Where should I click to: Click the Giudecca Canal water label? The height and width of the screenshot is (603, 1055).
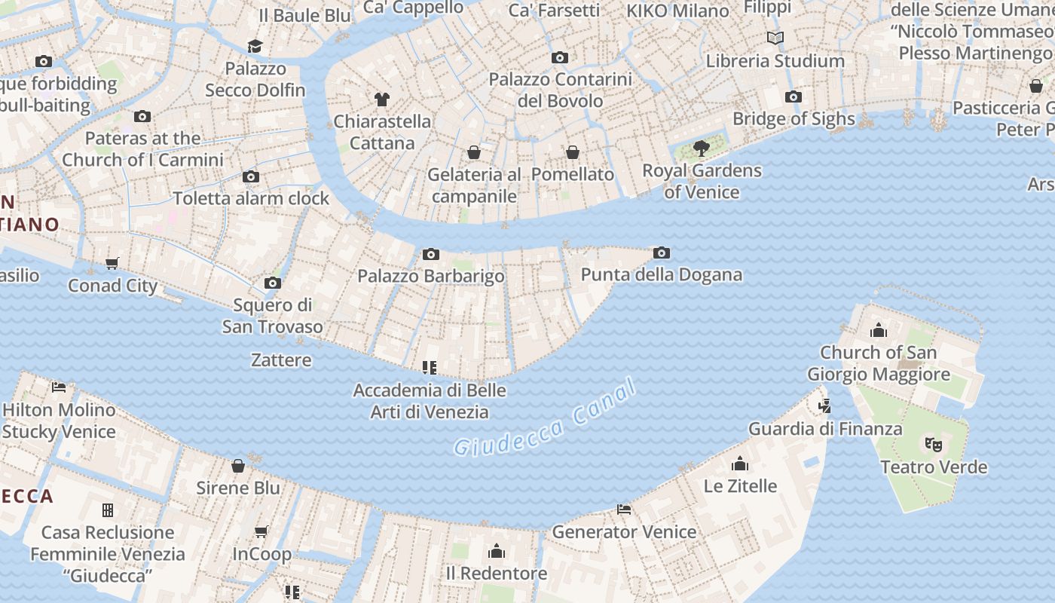[x=545, y=419]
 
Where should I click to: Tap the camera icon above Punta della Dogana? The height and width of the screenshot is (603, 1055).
[x=662, y=253]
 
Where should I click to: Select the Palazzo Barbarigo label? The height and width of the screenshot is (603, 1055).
[x=430, y=276]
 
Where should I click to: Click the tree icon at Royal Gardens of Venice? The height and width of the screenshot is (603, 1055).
[x=702, y=148]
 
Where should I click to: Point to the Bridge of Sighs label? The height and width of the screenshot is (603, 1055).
[x=794, y=118]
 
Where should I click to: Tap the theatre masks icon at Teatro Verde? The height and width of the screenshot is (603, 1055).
[x=934, y=445]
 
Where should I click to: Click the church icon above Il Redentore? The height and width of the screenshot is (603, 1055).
[x=497, y=551]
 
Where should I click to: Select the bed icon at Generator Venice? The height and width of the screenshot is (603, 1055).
[x=624, y=510]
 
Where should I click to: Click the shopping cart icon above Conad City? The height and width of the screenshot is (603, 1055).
[x=112, y=263]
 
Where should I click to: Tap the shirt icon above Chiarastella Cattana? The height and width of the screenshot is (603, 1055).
[x=381, y=99]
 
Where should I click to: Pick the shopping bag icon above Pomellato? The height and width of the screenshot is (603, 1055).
[x=573, y=152]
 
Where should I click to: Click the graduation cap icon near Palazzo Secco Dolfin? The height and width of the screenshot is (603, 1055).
[x=255, y=46]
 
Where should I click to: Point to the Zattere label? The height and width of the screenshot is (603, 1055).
[x=281, y=360]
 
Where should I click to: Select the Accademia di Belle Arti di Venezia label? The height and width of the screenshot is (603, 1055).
[x=430, y=401]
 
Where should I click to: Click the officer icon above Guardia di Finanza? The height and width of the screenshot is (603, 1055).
[x=824, y=406]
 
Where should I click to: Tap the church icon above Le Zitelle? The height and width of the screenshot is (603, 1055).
[x=740, y=464]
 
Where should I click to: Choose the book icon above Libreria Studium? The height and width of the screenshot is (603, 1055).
[x=775, y=38]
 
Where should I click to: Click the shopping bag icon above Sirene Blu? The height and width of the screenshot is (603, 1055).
[x=238, y=466]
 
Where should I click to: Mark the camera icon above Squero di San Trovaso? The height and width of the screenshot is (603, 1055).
[x=273, y=283]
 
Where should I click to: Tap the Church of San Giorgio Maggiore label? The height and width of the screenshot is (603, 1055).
[x=878, y=363]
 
